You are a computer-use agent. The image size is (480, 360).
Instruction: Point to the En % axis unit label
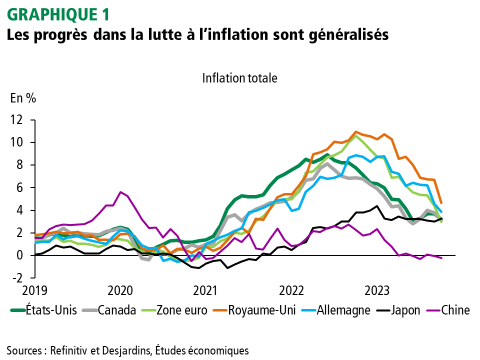tap(23, 98)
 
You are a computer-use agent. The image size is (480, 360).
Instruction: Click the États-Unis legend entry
tap(55, 310)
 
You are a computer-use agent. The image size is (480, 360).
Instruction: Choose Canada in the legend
tap(117, 310)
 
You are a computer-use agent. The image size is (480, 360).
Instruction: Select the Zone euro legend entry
tap(181, 310)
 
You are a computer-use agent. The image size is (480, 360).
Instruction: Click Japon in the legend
tap(406, 310)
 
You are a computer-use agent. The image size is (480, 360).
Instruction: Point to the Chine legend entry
tap(455, 310)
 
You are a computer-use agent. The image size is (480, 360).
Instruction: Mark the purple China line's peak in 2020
tap(120, 192)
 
